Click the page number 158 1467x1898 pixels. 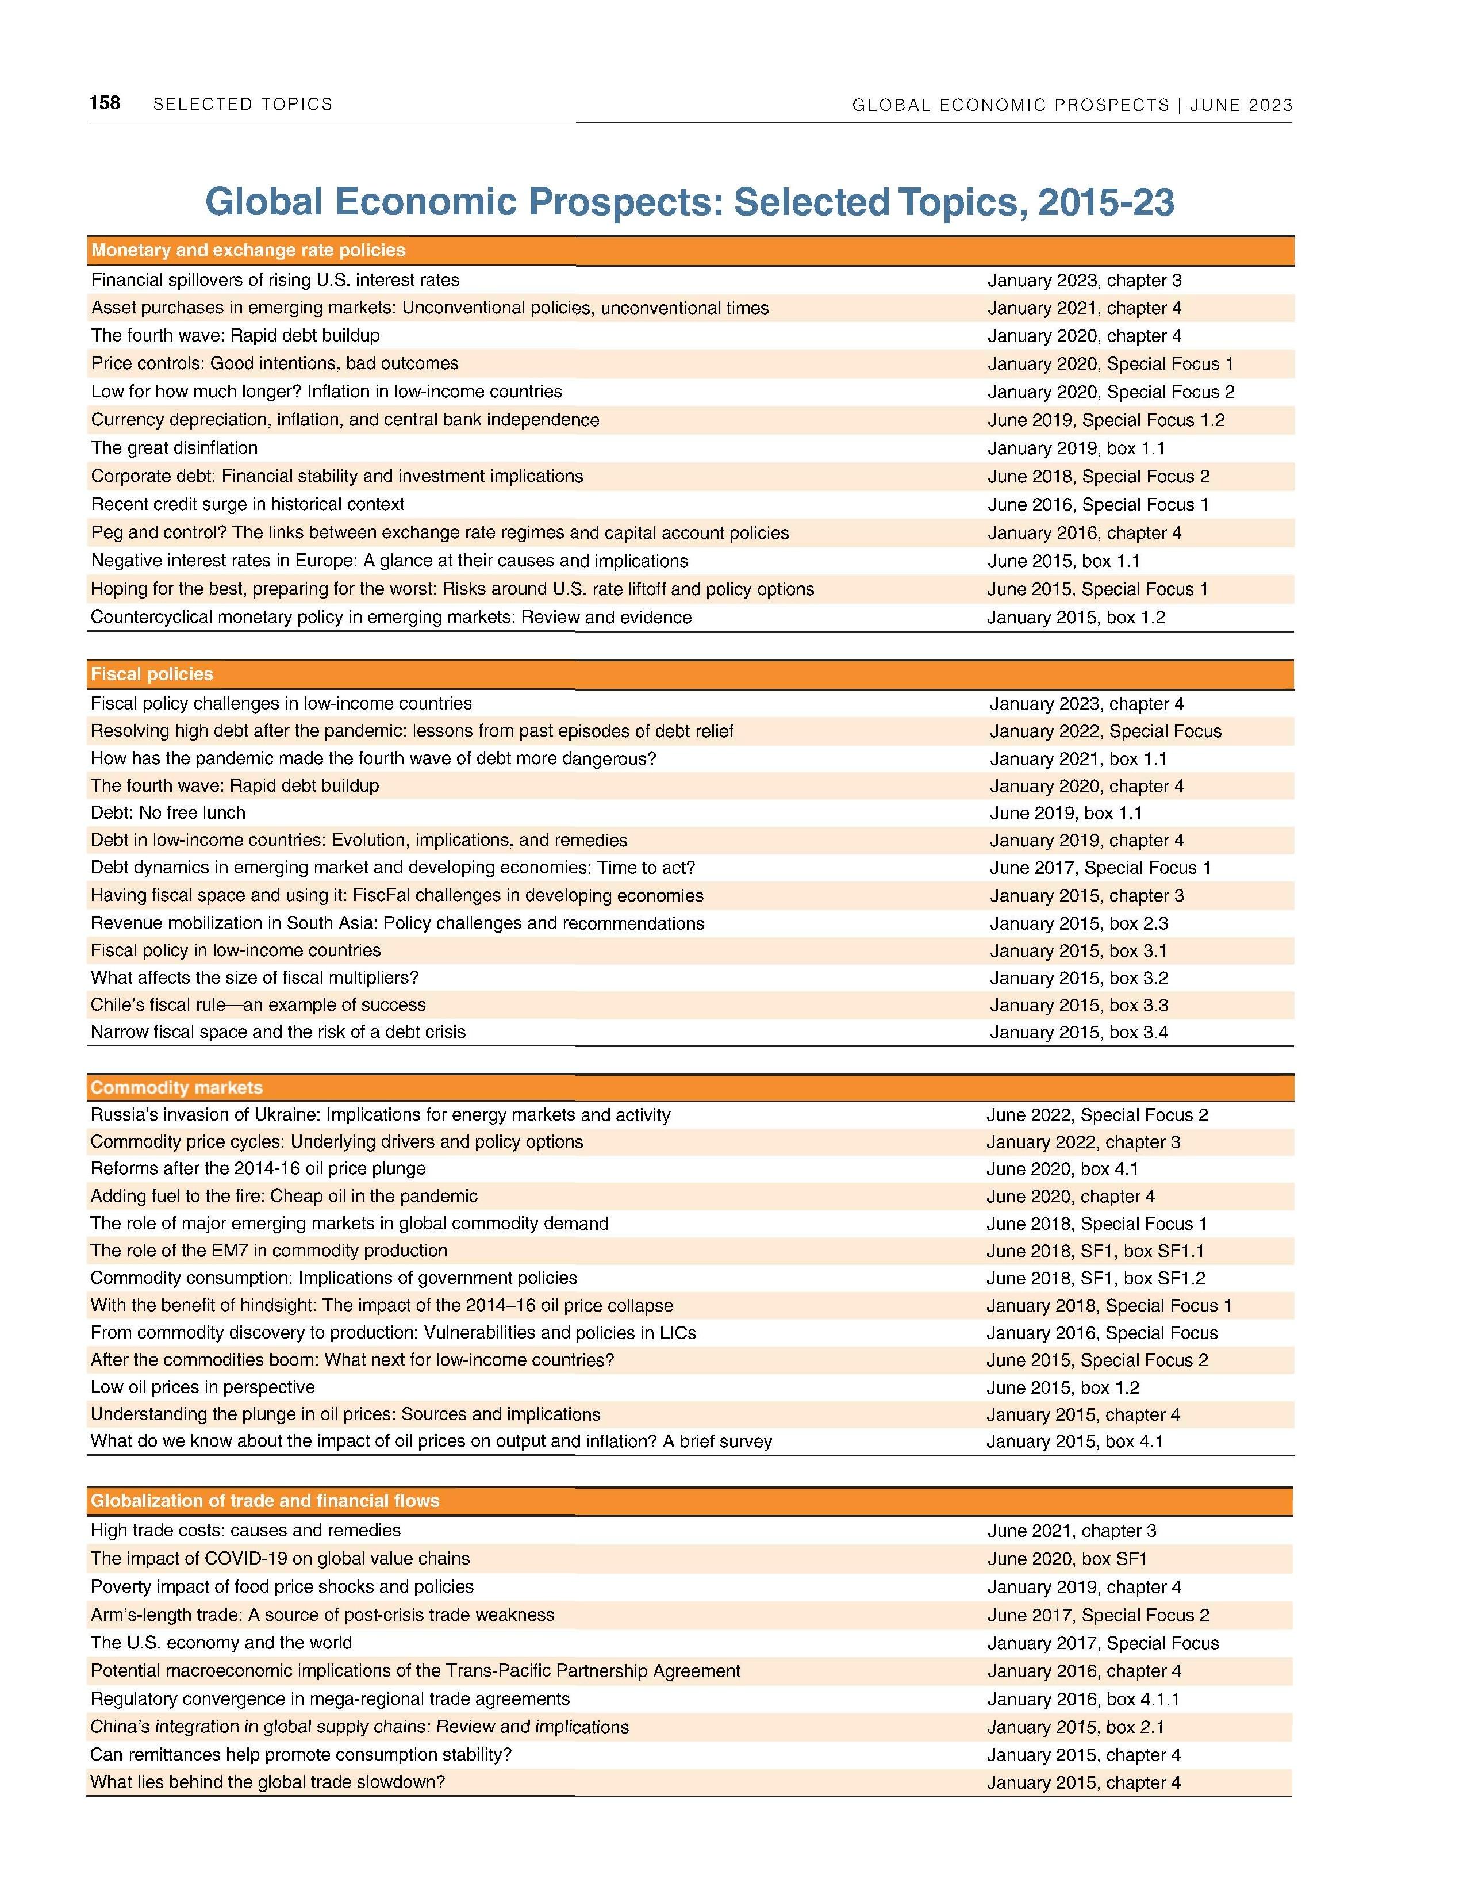pos(104,103)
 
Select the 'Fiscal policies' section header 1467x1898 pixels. pos(152,674)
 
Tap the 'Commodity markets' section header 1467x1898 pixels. pos(176,1088)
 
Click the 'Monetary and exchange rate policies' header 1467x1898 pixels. pos(248,250)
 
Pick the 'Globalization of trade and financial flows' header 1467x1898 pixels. pos(265,1501)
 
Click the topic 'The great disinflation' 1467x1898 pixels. pos(175,447)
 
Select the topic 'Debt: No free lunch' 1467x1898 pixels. pos(168,812)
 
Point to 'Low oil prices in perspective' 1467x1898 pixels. pos(202,1387)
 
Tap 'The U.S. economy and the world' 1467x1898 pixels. pos(221,1643)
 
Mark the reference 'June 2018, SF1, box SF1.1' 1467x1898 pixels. pos(1095,1251)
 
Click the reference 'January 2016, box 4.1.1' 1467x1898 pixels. pos(1083,1699)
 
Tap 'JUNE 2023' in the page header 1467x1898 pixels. pos(1241,105)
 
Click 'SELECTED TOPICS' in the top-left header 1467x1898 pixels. pos(243,104)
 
